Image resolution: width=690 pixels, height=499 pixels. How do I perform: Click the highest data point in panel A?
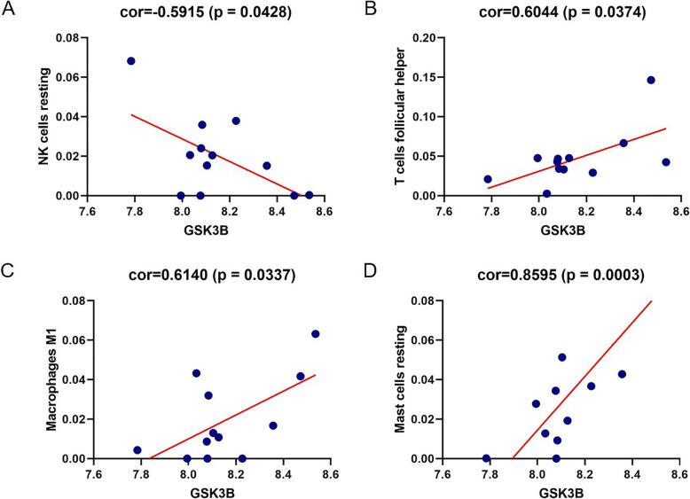(130, 61)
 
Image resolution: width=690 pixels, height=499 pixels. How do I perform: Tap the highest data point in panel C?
(315, 334)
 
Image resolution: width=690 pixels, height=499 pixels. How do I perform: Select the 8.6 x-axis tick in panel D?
(678, 474)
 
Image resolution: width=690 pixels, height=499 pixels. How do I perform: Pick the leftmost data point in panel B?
(487, 179)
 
